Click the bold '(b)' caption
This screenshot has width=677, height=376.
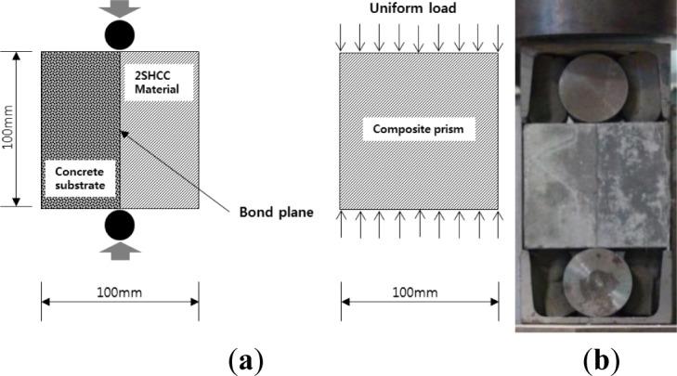tap(598, 357)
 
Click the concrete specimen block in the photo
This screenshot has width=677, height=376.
tap(594, 179)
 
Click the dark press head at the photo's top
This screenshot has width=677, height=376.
tap(594, 19)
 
